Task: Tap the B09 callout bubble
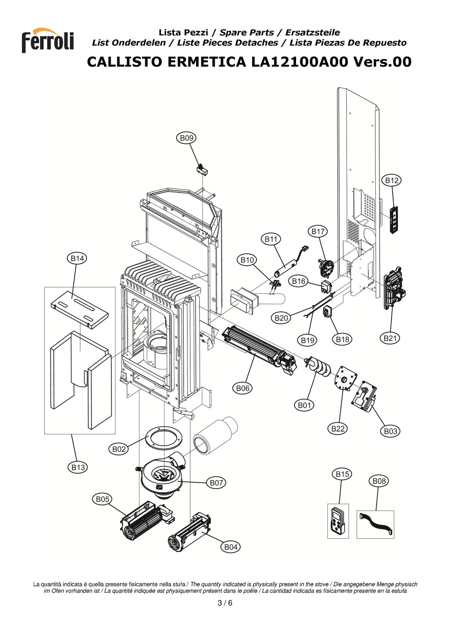pos(186,138)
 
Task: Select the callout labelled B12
pos(392,180)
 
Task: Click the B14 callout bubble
pos(77,258)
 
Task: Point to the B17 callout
pos(318,231)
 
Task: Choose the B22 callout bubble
pos(338,428)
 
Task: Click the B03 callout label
pos(390,431)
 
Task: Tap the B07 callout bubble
pos(216,483)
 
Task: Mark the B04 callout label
pos(231,547)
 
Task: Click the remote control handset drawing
pos(338,521)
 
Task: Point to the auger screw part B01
pos(317,367)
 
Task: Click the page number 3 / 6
pos(225,603)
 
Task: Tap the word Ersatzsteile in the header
pos(312,33)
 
